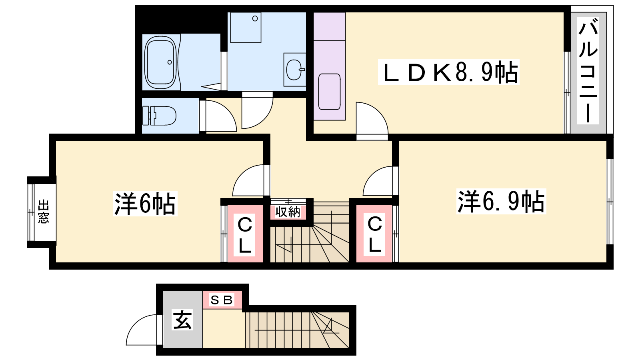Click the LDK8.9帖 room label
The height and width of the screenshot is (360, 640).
449,72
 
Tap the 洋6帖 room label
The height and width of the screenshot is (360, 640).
145,204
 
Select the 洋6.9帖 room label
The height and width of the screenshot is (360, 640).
501,201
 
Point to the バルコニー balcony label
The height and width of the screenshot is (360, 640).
588,70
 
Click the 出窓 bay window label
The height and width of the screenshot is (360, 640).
44,212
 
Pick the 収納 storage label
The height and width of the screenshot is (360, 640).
288,212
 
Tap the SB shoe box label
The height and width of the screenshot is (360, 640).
222,300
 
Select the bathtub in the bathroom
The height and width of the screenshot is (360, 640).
160,63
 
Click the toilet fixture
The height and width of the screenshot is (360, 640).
160,116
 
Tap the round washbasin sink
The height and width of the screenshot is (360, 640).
295,70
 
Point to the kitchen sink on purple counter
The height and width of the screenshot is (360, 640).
329,92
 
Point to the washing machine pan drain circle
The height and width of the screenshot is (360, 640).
255,18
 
